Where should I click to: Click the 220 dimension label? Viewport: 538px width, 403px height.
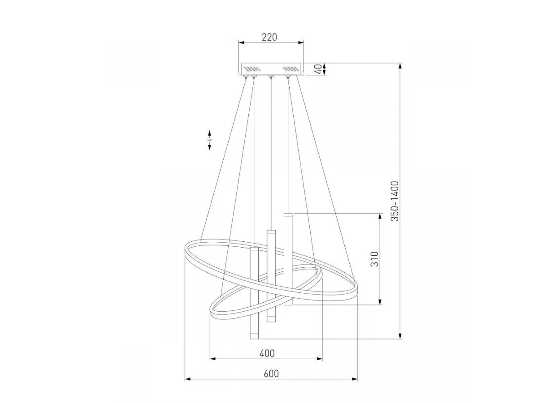pos(269,37)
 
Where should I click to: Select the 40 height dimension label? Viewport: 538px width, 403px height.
pos(318,69)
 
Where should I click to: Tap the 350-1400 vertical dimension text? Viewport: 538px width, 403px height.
pos(395,201)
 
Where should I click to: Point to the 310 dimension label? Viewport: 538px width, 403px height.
pos(374,259)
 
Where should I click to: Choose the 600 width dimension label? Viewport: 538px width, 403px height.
pos(271,373)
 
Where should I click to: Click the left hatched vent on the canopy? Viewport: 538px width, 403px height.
pos(252,69)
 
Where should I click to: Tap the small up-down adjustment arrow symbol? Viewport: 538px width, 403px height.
pos(209,140)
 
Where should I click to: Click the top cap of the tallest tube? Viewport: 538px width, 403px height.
pos(288,214)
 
